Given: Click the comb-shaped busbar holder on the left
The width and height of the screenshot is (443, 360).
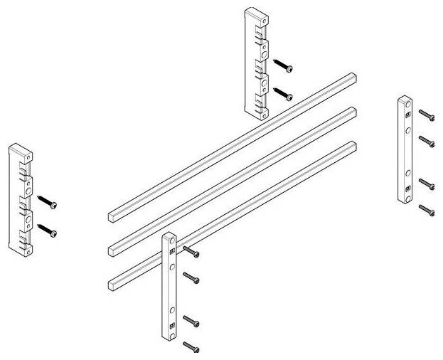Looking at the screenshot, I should (x=21, y=199).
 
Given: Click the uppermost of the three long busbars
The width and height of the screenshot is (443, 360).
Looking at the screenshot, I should (x=235, y=142).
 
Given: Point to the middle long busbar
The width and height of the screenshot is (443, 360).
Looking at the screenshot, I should (x=235, y=178).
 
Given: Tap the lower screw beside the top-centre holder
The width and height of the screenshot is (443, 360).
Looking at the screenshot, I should (x=284, y=93).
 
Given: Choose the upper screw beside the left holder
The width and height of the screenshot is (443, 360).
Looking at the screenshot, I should (x=48, y=202).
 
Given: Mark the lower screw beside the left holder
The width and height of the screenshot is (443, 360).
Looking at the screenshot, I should (x=48, y=229).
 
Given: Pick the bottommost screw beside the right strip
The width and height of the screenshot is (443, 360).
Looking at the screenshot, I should (x=427, y=210).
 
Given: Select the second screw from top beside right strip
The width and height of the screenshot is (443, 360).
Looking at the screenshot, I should (x=427, y=139).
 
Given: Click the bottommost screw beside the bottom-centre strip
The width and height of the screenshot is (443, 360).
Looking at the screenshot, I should (x=191, y=346).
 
